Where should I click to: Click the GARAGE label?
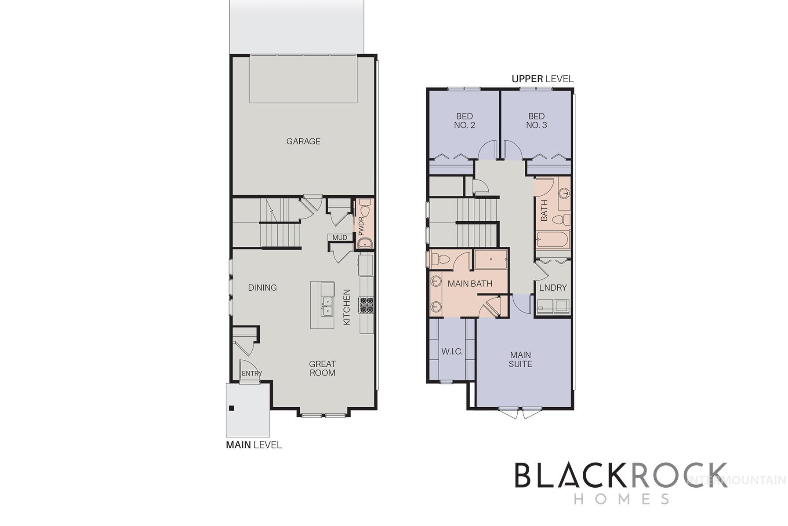303,141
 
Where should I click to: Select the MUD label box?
340,237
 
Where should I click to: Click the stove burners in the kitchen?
367,305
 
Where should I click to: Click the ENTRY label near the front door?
252,373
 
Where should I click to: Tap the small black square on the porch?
232,408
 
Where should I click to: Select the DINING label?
262,288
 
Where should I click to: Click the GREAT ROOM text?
322,369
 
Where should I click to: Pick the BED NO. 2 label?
465,121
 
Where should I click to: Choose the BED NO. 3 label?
537,121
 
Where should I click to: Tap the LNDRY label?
553,288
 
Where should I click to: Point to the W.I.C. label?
452,351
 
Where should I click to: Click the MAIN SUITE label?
520,359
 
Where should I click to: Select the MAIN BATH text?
470,284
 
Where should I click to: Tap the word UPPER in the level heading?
527,79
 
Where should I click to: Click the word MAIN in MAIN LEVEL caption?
238,445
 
